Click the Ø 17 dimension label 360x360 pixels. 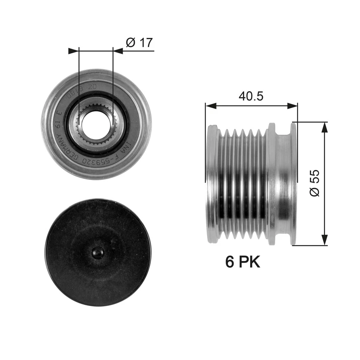click(139, 43)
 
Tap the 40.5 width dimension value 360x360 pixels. click(251, 96)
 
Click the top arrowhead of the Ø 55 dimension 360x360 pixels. click(324, 126)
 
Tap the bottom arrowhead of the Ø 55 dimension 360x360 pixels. click(324, 241)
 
